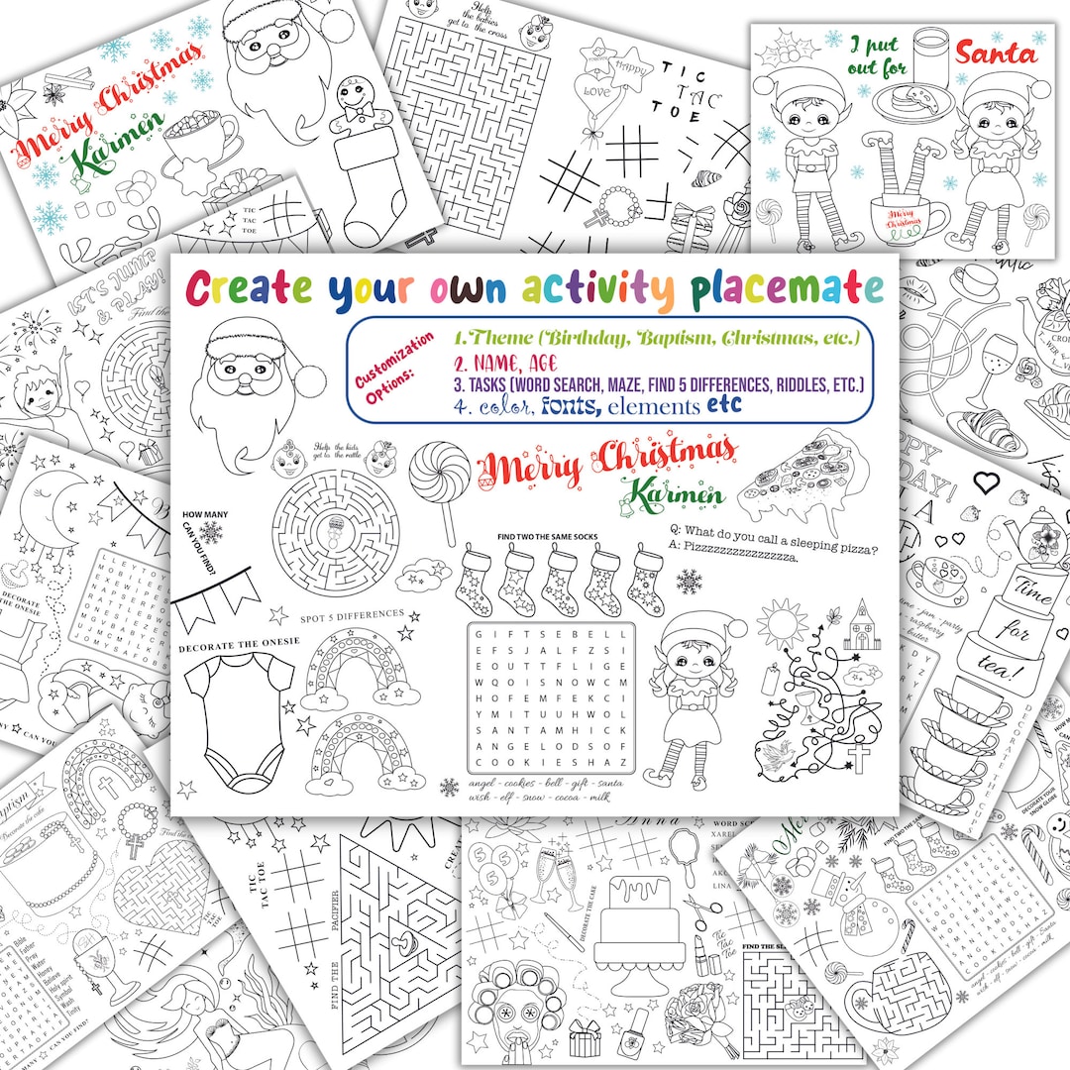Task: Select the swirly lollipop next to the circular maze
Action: pos(440,478)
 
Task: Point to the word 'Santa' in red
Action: pos(997,52)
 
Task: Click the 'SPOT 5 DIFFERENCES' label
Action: pos(352,615)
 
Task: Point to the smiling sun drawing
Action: pos(783,626)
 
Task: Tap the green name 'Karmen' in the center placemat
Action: pos(679,492)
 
